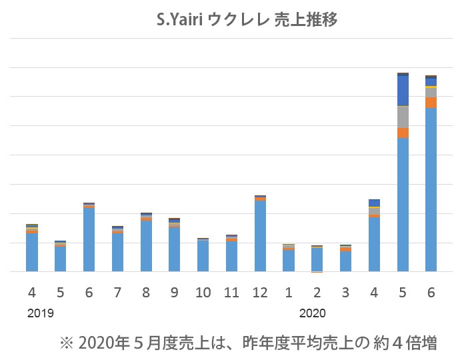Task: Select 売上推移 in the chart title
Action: tap(307, 20)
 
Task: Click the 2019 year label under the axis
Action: tap(41, 312)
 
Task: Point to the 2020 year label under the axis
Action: tap(312, 312)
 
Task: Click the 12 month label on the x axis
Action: tap(260, 292)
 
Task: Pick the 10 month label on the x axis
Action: tap(203, 292)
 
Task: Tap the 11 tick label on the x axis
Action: tap(231, 292)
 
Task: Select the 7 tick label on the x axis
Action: tap(117, 292)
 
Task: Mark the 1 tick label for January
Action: tap(289, 292)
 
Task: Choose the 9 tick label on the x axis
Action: tap(174, 292)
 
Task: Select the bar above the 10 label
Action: tap(203, 256)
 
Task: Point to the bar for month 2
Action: tap(317, 259)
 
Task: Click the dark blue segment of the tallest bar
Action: tap(403, 90)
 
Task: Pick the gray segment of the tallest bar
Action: tap(403, 117)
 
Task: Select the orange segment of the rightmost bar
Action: tap(431, 103)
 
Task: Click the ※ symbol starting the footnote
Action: tap(65, 343)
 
